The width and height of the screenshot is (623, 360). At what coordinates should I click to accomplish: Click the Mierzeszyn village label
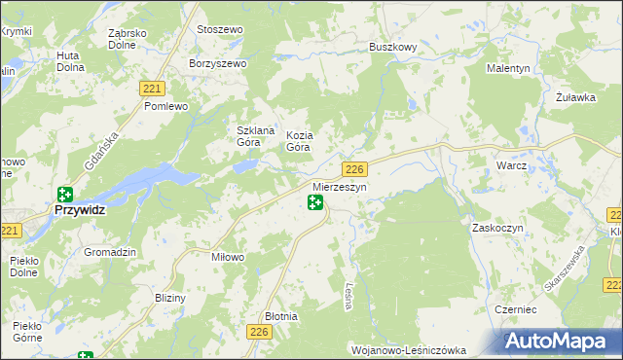(x=339, y=186)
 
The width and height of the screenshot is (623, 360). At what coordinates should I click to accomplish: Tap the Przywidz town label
(x=80, y=208)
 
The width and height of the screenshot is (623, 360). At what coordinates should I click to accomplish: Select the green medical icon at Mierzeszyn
(x=315, y=202)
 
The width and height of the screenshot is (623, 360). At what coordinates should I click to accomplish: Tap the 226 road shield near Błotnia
(x=258, y=333)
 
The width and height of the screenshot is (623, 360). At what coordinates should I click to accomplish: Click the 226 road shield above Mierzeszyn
(x=354, y=168)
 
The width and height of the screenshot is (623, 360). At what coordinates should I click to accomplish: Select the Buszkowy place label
(x=393, y=46)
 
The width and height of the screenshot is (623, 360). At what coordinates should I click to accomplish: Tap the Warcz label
(x=511, y=165)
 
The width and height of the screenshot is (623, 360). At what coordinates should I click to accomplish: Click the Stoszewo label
(x=219, y=30)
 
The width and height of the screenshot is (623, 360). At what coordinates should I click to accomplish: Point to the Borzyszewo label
(x=219, y=63)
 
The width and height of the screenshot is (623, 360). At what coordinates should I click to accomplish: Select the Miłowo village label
(x=227, y=257)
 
